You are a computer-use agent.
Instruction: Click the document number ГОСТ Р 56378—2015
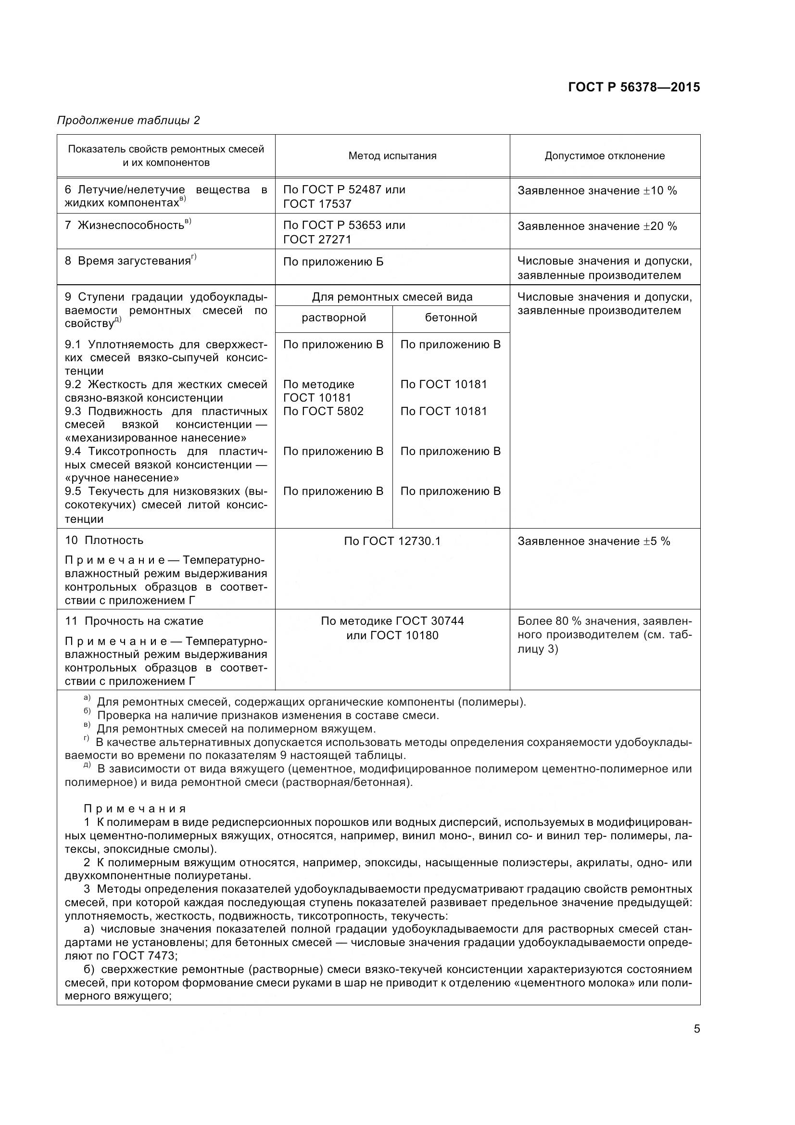[x=633, y=87]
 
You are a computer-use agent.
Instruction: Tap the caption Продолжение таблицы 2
[x=128, y=120]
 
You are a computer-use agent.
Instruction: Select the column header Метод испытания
[x=392, y=156]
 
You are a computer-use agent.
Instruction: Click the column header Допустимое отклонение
[x=605, y=156]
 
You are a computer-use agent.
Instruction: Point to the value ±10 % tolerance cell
[x=597, y=190]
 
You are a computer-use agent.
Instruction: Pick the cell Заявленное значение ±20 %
[x=597, y=226]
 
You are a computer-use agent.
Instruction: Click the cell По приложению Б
[x=333, y=262]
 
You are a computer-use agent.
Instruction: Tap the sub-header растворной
[x=334, y=317]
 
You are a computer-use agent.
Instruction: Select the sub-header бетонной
[x=451, y=317]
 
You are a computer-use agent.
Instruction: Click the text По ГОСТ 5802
[x=323, y=411]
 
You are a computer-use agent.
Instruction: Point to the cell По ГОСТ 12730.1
[x=392, y=541]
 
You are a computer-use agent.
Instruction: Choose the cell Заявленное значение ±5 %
[x=593, y=541]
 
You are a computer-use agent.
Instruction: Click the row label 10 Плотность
[x=104, y=540]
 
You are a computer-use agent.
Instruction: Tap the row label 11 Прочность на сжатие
[x=134, y=621]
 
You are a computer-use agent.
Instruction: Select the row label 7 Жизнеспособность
[x=128, y=225]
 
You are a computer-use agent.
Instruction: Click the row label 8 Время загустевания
[x=130, y=261]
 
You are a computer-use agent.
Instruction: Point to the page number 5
[x=696, y=1028]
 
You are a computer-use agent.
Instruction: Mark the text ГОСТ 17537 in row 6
[x=317, y=204]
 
